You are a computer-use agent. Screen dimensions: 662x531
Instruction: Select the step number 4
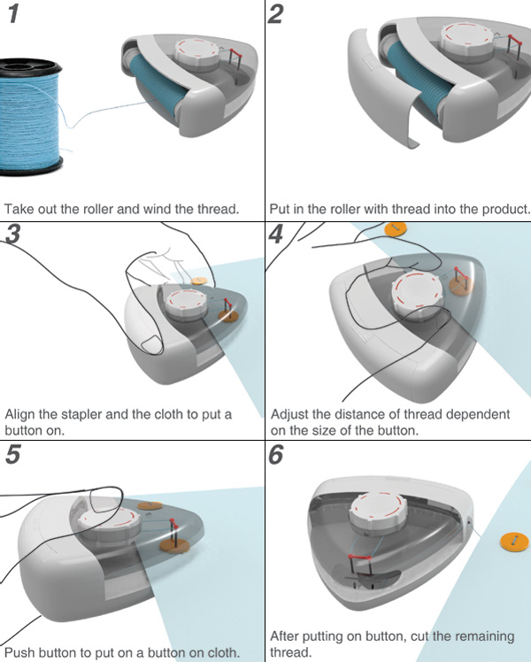(x=276, y=235)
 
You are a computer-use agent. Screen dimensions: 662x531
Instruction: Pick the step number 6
(x=276, y=456)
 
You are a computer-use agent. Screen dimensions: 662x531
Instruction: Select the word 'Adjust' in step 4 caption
(x=289, y=414)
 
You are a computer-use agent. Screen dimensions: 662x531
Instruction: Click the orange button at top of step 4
(x=396, y=228)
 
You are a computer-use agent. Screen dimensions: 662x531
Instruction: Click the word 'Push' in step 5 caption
(x=20, y=652)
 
